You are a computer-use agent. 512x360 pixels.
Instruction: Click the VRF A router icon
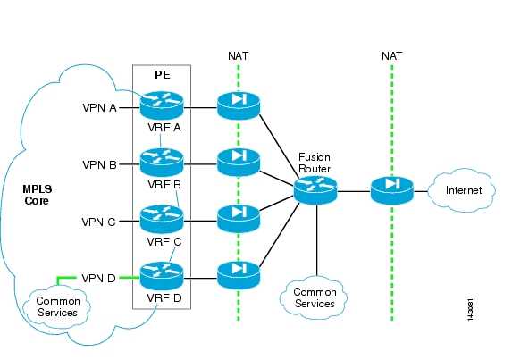click(162, 105)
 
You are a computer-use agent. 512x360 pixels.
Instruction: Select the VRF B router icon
click(162, 163)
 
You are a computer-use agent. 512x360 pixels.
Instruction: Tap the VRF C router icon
click(162, 219)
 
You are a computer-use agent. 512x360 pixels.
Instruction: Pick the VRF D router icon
click(162, 276)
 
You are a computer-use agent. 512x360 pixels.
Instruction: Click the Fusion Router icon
click(315, 190)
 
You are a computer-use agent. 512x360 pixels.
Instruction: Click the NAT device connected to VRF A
click(239, 105)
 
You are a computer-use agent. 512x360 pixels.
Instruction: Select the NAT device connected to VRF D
click(239, 276)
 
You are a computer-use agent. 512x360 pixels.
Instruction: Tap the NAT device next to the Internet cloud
click(392, 190)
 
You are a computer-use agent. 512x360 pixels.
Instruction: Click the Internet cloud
click(461, 190)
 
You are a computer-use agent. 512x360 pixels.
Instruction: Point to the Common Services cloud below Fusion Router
click(314, 297)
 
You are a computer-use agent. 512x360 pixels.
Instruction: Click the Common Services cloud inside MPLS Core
click(56, 306)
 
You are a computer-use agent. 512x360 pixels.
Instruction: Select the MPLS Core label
click(37, 195)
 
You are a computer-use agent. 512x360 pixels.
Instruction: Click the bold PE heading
click(163, 75)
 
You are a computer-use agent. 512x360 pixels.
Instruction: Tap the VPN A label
click(99, 108)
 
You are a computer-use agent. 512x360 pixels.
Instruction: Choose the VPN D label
click(98, 279)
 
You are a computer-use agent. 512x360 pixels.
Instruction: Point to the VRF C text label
click(164, 242)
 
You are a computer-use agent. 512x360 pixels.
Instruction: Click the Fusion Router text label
click(315, 163)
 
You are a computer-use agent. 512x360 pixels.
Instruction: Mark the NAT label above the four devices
click(238, 56)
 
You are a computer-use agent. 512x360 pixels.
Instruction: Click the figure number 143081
click(470, 310)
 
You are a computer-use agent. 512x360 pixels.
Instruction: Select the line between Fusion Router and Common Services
click(316, 240)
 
